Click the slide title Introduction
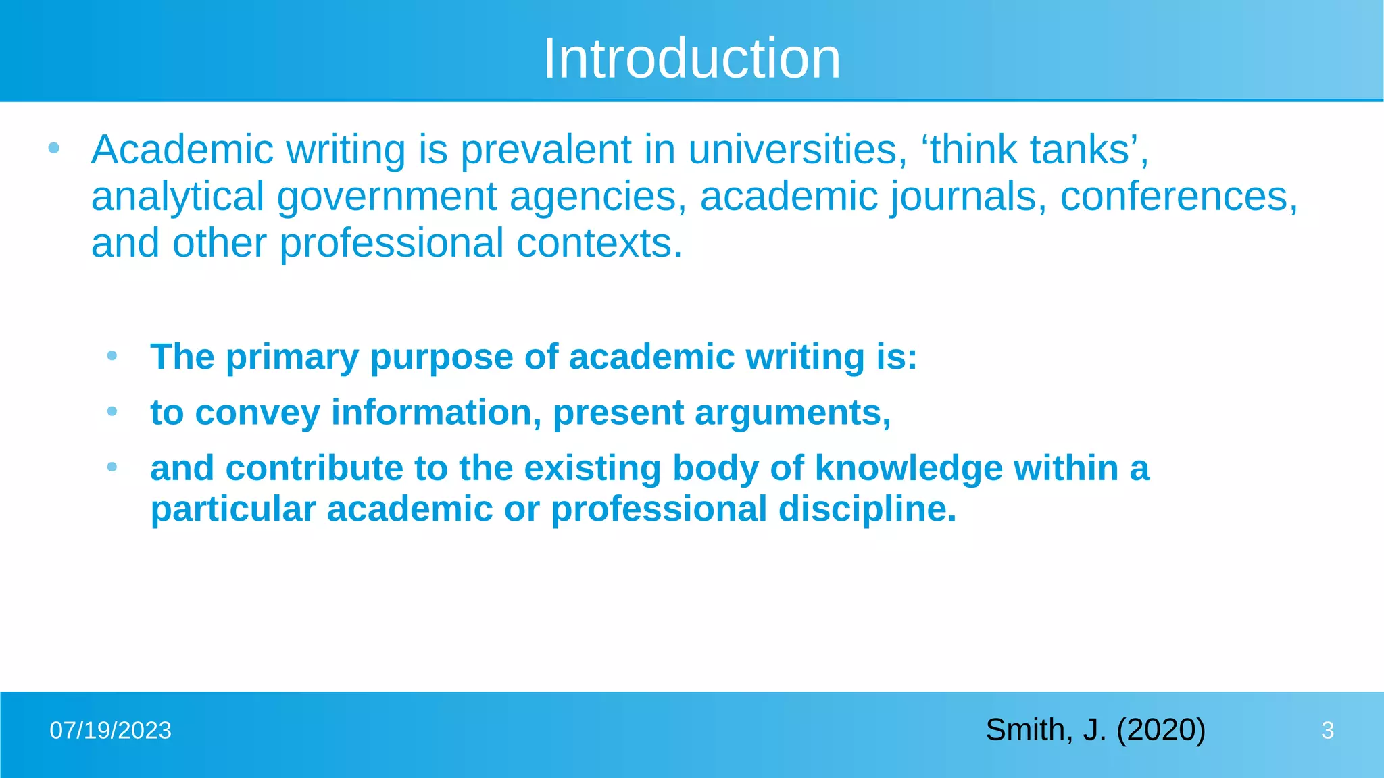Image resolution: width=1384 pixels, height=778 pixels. tap(691, 59)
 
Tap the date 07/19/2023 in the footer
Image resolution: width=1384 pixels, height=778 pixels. tap(111, 731)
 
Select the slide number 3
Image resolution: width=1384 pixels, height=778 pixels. tap(1327, 731)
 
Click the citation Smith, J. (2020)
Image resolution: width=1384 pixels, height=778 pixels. tap(1095, 730)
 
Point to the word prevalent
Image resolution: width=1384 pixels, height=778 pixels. tap(545, 149)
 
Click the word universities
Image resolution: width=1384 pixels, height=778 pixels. tap(797, 149)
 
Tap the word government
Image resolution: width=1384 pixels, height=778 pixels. tap(387, 197)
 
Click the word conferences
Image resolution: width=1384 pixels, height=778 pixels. tap(1178, 197)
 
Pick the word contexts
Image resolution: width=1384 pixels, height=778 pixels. tap(599, 243)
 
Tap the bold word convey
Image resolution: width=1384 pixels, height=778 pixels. tap(257, 413)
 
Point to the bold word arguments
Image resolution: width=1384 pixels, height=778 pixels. tap(792, 413)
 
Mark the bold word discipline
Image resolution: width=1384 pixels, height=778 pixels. tap(867, 509)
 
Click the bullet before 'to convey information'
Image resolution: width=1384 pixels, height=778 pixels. tap(112, 411)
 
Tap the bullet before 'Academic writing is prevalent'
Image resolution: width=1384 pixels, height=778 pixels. tap(54, 147)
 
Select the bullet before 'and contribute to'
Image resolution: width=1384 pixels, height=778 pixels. tap(112, 466)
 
